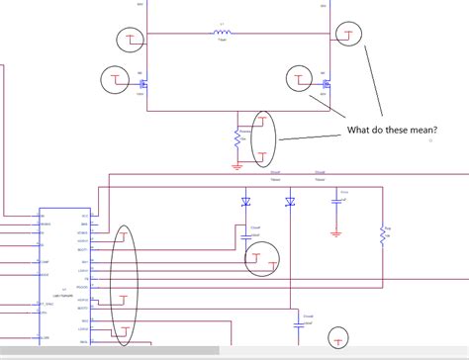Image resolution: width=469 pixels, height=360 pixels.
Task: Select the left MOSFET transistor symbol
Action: click(x=142, y=85)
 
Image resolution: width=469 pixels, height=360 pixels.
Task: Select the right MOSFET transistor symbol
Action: click(x=326, y=84)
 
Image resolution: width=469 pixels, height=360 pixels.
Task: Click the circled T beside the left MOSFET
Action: click(x=115, y=78)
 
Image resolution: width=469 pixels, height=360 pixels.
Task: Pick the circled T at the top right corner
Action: click(x=348, y=34)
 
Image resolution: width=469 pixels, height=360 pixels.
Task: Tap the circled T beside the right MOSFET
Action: click(x=299, y=77)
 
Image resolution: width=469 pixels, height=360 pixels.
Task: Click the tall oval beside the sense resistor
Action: click(x=263, y=137)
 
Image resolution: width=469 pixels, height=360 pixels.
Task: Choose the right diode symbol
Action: click(x=290, y=203)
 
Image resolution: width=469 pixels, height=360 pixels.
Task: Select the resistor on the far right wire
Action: click(x=382, y=234)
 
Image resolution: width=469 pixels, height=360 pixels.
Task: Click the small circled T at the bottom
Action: click(x=340, y=339)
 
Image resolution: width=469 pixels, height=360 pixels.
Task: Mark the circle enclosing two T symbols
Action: click(x=261, y=259)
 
